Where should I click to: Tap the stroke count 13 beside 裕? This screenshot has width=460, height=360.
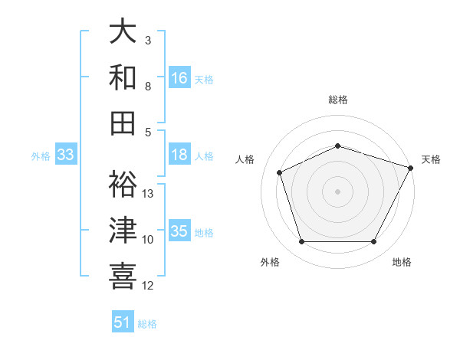pyautogui.click(x=149, y=194)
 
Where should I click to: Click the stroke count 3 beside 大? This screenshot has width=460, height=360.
pyautogui.click(x=148, y=40)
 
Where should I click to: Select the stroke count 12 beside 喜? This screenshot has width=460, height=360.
pyautogui.click(x=149, y=286)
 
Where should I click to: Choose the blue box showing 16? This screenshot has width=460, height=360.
pyautogui.click(x=179, y=77)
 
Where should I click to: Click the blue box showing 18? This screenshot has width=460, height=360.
pyautogui.click(x=179, y=155)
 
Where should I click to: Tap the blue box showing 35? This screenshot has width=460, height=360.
pyautogui.click(x=179, y=231)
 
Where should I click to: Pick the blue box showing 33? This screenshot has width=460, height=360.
pyautogui.click(x=65, y=155)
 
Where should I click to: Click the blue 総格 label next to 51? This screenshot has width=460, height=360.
pyautogui.click(x=147, y=324)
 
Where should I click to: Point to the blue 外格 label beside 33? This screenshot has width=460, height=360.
pyautogui.click(x=41, y=156)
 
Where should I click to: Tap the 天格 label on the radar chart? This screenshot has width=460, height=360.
pyautogui.click(x=431, y=159)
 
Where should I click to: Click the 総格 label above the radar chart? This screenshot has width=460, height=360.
pyautogui.click(x=337, y=100)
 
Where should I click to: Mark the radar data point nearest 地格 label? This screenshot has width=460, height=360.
pyautogui.click(x=374, y=242)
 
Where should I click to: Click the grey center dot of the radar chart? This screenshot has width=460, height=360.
pyautogui.click(x=337, y=191)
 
